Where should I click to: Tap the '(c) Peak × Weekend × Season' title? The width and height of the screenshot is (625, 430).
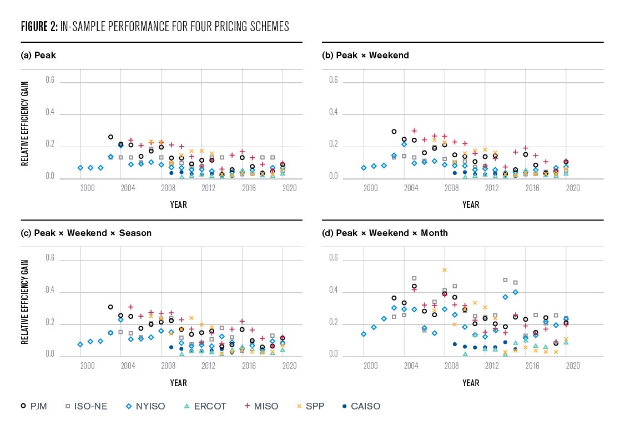pos(86,233)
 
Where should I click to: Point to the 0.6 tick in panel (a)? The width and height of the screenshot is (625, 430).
pos(51,80)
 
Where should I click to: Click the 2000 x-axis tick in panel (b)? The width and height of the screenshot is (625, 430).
pos(370,188)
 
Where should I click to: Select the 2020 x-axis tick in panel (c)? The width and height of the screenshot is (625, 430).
pos(289,366)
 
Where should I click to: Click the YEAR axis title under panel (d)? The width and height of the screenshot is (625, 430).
pos(471,383)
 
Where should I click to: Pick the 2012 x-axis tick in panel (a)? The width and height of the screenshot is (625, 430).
pos(208,188)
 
